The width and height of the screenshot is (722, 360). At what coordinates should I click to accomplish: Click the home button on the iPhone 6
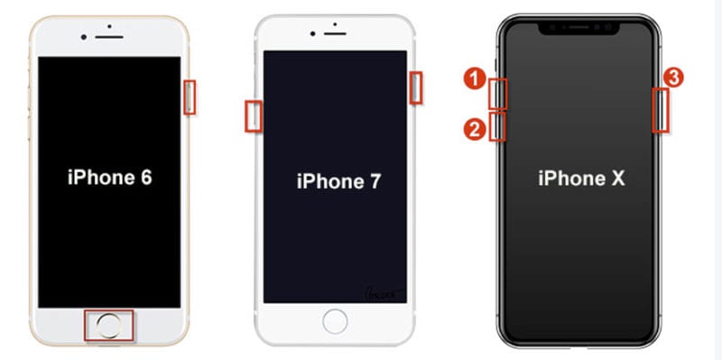pyautogui.click(x=109, y=326)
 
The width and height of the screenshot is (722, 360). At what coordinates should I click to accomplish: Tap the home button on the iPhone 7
pyautogui.click(x=335, y=321)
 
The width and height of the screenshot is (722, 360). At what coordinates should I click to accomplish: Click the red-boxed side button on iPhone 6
pyautogui.click(x=190, y=97)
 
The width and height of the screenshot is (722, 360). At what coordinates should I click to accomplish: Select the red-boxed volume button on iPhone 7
pyautogui.click(x=254, y=116)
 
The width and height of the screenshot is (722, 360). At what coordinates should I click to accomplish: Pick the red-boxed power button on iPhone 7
pyautogui.click(x=416, y=88)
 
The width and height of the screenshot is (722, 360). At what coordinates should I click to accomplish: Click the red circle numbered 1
pyautogui.click(x=475, y=78)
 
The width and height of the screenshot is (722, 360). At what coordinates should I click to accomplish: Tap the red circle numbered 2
pyautogui.click(x=475, y=130)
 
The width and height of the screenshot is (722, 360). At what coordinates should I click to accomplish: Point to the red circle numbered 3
pyautogui.click(x=673, y=78)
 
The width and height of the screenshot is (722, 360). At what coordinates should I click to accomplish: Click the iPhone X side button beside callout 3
pyautogui.click(x=661, y=110)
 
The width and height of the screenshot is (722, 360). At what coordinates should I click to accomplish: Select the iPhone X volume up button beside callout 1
pyautogui.click(x=497, y=94)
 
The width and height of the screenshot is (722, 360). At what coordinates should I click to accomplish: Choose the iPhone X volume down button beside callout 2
pyautogui.click(x=497, y=126)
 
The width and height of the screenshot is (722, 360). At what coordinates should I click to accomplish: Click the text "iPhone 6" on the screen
pyautogui.click(x=109, y=178)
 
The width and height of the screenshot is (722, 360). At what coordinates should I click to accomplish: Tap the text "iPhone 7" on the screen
pyautogui.click(x=339, y=181)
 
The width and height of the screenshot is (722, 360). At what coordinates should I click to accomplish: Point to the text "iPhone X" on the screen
pyautogui.click(x=581, y=179)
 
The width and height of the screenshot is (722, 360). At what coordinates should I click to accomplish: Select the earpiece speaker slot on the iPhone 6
pyautogui.click(x=109, y=37)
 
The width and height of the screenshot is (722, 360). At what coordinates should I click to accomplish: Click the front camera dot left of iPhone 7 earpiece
pyautogui.click(x=312, y=33)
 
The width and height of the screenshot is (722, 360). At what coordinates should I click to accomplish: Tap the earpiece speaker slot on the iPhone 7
pyautogui.click(x=335, y=33)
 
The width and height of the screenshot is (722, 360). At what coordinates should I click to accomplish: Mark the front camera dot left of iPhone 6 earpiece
pyautogui.click(x=83, y=37)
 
